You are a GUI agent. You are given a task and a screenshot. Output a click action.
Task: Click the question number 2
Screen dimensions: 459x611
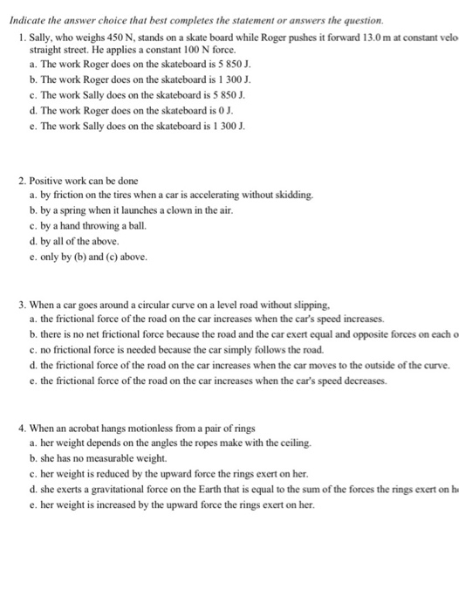22,180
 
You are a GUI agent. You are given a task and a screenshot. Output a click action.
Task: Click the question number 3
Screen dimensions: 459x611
22,305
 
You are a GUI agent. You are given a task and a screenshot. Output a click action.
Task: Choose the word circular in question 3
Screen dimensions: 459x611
139,305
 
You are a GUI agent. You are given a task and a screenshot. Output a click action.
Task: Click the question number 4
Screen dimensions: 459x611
22,429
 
